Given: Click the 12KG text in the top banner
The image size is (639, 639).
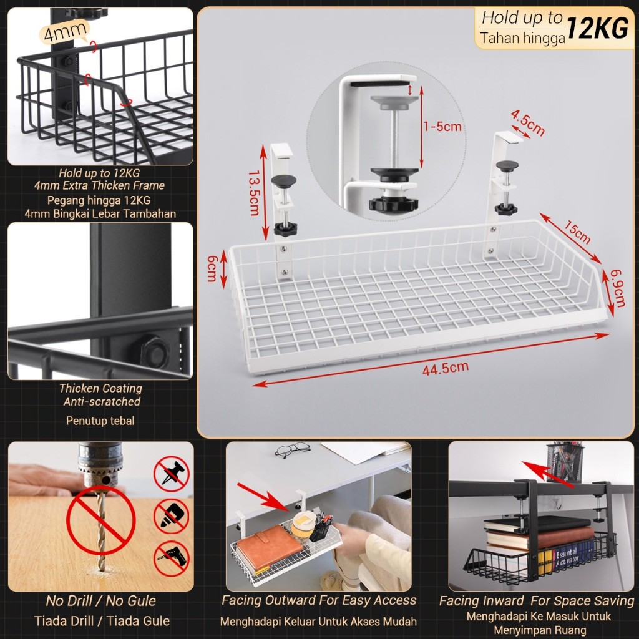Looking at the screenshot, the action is point(597,29).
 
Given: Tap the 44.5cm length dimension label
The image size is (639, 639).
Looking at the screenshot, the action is point(446,368).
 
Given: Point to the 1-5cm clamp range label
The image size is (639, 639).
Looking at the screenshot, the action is point(442,126).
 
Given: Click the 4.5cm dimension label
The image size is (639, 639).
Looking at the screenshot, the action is point(528,122).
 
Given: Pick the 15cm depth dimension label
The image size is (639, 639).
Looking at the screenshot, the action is point(577,232).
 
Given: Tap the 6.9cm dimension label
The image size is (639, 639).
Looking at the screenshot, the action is point(618,288).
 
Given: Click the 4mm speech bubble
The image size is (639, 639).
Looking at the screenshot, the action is point(64,31).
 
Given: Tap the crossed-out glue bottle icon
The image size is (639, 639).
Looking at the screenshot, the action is point(172,516).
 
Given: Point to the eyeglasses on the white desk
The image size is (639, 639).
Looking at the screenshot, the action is point(292,450).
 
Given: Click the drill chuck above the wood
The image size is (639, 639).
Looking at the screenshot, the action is point(100,464).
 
